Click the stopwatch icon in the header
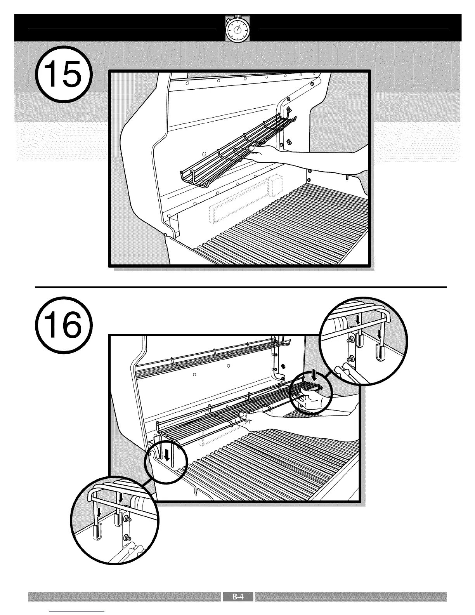(x=237, y=30)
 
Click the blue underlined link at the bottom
(x=77, y=611)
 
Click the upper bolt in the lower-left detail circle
(x=127, y=519)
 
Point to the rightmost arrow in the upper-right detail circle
(x=380, y=334)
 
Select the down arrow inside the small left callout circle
(x=167, y=454)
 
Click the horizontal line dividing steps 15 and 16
(x=241, y=287)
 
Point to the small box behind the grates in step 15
(x=276, y=187)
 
